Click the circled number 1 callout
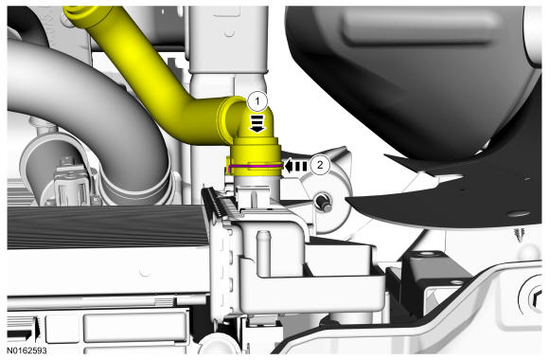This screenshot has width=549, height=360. coord(257,101)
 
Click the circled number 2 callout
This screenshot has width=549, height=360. coord(320,165)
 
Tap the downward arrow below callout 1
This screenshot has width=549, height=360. coord(257,124)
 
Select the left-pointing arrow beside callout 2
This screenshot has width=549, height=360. coord(295,166)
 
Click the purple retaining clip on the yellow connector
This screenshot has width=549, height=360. coord(255,166)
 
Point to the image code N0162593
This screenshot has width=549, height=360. coord(27,351)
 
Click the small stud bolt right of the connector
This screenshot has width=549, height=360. coord(324,204)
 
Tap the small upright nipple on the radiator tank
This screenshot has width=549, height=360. coord(263,253)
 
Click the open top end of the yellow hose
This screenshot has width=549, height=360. coord(81,15)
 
